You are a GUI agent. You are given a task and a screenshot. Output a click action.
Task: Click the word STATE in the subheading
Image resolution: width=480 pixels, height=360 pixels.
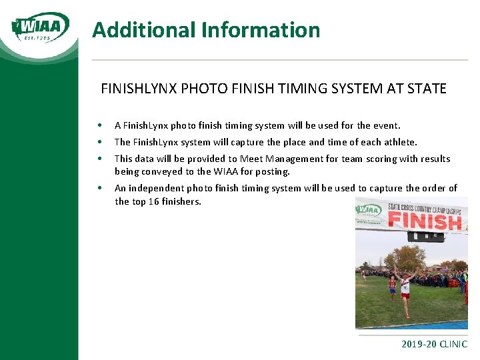425,88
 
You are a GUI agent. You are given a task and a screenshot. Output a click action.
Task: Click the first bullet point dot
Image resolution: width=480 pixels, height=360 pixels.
99,125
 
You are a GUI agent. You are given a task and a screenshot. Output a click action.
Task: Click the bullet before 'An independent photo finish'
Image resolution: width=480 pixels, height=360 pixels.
99,189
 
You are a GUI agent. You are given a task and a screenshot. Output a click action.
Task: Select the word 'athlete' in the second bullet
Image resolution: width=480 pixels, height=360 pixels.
399,142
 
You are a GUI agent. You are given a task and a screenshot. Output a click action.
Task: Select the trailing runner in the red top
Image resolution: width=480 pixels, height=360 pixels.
392,285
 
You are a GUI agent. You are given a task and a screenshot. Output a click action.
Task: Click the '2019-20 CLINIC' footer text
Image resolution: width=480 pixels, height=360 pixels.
434,345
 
